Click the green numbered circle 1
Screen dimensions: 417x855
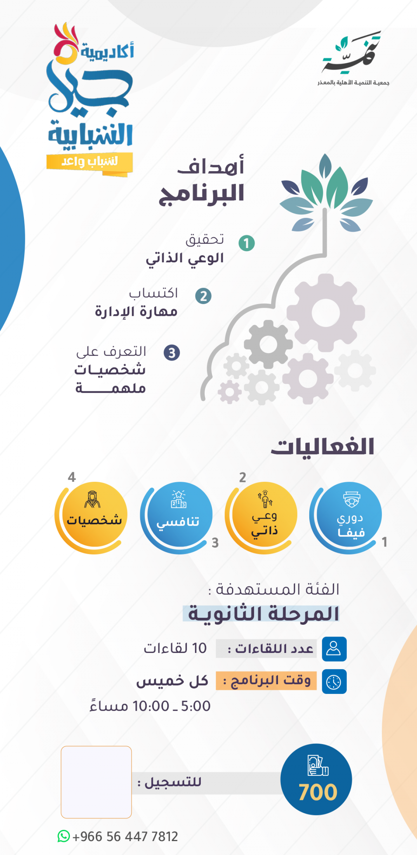tap(247, 243)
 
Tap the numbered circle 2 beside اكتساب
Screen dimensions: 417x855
tap(203, 296)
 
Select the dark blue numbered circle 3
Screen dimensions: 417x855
tap(172, 353)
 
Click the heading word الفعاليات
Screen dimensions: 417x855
tap(322, 447)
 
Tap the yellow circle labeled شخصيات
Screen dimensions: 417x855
tap(94, 514)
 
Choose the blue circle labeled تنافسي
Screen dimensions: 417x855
tap(180, 514)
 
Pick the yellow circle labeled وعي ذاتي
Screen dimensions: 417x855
tap(264, 514)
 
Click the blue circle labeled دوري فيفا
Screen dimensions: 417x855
tap(349, 514)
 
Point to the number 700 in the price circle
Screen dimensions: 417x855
tap(318, 792)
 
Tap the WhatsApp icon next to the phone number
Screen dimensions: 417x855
tap(64, 836)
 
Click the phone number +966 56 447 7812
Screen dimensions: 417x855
tap(125, 837)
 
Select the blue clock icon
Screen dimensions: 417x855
tap(334, 681)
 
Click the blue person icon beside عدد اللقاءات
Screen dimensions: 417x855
tap(334, 649)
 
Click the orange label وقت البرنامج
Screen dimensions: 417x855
tap(266, 680)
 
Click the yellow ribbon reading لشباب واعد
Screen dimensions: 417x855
tap(90, 162)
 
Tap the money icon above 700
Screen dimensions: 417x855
tap(318, 765)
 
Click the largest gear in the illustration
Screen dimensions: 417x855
tap(326, 313)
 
